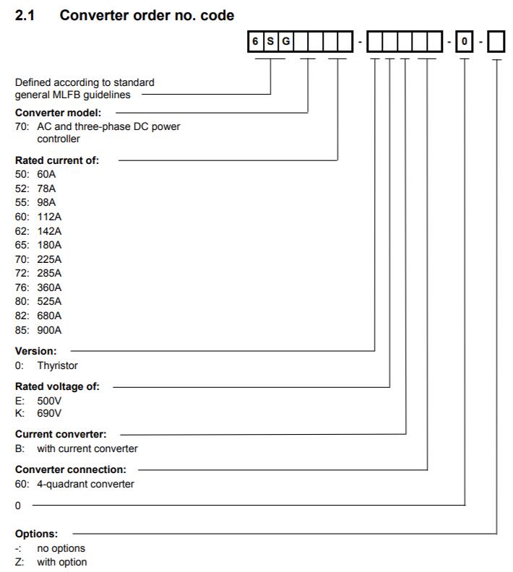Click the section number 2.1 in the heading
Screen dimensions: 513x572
25,15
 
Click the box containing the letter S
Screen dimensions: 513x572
270,41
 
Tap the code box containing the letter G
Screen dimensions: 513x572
285,41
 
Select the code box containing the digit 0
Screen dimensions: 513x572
464,41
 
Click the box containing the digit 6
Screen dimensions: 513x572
255,41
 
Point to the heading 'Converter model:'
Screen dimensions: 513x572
58,113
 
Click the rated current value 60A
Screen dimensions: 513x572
46,174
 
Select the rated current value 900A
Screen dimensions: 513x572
49,330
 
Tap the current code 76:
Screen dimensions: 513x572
22,287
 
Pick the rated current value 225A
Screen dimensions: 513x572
49,259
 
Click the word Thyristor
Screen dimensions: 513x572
57,365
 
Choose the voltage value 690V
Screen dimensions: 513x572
49,413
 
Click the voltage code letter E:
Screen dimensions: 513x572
20,401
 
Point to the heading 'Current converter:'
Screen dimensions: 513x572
61,434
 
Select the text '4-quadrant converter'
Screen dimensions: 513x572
85,484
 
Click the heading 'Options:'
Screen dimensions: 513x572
36,534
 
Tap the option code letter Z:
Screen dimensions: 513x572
20,562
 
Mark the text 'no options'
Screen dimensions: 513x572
61,548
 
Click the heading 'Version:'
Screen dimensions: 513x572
35,351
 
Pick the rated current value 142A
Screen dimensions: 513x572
49,231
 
